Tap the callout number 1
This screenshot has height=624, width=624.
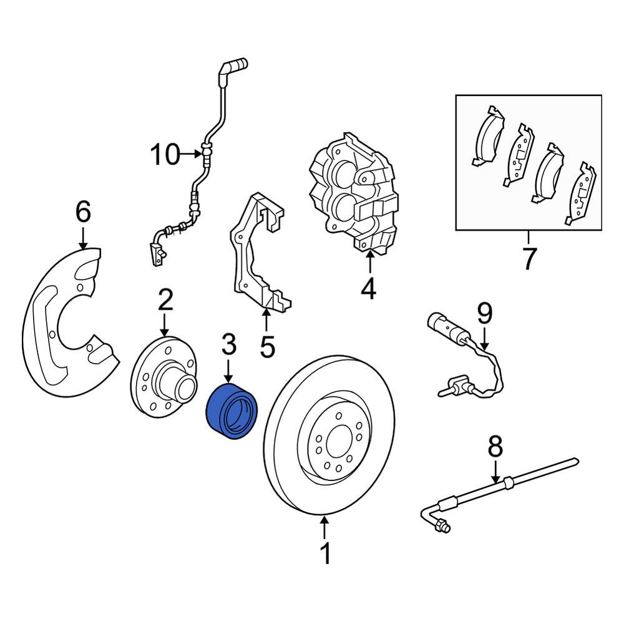[326, 553]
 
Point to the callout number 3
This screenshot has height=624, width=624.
[228, 344]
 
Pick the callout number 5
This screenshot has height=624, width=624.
[268, 346]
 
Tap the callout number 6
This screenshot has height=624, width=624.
[83, 212]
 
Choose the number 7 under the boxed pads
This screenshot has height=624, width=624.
[529, 259]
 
